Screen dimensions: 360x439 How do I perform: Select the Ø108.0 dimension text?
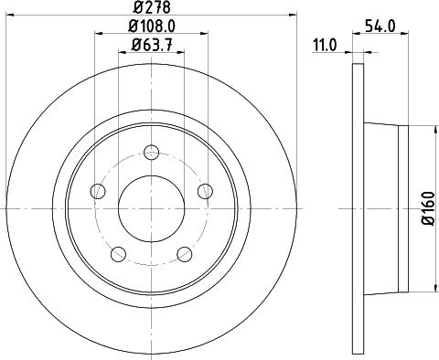coord(150,27)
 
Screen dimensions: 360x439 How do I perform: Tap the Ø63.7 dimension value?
coord(150,45)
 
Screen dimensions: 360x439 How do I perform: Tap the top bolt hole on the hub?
coord(150,150)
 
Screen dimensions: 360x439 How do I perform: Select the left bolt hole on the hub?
coord(97,190)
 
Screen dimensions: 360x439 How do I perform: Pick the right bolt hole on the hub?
coord(204,190)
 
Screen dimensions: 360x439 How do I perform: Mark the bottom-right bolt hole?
coord(184,253)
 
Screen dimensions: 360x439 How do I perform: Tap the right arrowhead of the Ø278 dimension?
coord(295,16)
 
